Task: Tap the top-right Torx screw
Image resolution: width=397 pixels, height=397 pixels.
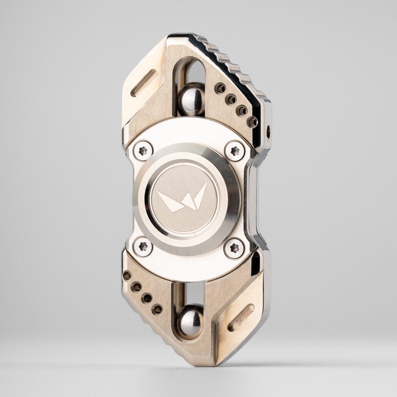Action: [235, 151]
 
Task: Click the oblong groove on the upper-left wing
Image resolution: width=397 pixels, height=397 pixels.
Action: [144, 83]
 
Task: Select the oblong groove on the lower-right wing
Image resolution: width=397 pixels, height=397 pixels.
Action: [241, 317]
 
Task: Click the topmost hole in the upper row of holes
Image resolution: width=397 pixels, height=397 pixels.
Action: [220, 88]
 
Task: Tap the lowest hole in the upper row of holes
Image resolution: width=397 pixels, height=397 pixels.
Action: [252, 121]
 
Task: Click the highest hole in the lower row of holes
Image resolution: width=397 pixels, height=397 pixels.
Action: [127, 276]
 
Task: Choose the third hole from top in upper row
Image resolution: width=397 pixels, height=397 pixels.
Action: [242, 110]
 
